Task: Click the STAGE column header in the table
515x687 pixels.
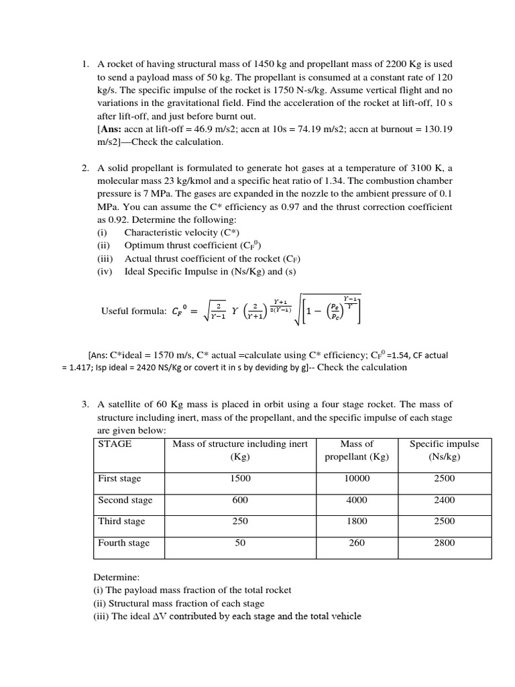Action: point(115,444)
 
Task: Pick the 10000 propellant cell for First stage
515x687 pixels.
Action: point(357,478)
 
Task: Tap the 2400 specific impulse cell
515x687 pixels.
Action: point(444,500)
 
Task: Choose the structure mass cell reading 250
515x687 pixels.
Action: point(240,521)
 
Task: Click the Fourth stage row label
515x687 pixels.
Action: point(123,543)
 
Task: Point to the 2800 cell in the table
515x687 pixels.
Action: point(444,543)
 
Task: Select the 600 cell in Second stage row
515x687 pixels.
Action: point(240,500)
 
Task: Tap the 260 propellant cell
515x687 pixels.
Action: point(357,543)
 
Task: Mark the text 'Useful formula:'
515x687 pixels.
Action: point(133,311)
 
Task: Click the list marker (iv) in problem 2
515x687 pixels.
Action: point(105,271)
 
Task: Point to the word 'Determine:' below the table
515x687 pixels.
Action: point(115,576)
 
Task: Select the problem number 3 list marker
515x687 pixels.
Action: point(85,405)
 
